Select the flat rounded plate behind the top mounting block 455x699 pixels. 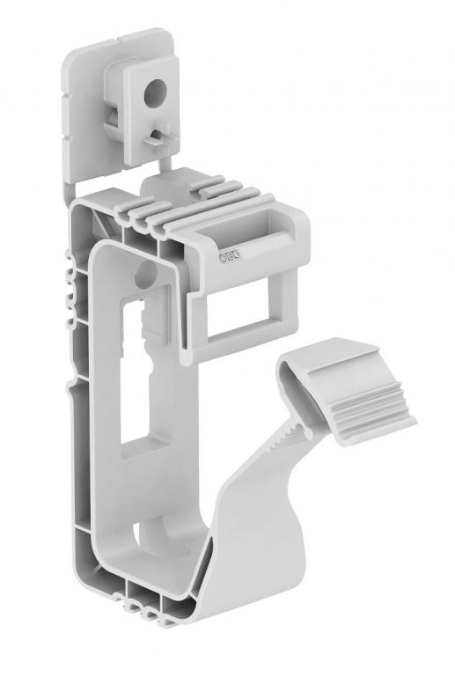point(84,106)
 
